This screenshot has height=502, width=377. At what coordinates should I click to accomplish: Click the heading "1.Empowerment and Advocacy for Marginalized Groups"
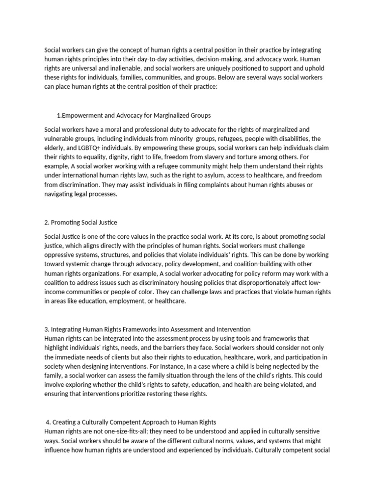click(x=134, y=116)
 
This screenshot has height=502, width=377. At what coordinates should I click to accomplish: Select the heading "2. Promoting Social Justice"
click(x=81, y=222)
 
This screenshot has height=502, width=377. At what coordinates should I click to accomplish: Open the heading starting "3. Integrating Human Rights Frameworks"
click(x=147, y=329)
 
